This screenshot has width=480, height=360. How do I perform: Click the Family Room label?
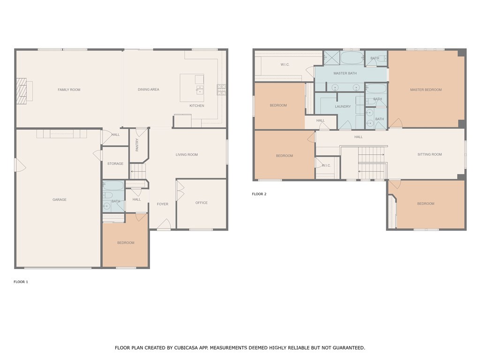click(x=69, y=90)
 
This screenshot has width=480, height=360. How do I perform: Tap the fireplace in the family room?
click(x=22, y=91)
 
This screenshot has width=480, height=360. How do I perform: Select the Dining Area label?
click(x=149, y=90)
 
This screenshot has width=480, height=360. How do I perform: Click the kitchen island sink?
click(x=200, y=90)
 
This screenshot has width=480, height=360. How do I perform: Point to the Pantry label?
click(x=137, y=145)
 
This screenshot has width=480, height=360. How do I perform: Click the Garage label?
click(x=60, y=200)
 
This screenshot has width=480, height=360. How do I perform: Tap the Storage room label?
click(x=115, y=164)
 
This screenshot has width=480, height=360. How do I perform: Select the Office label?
click(x=202, y=202)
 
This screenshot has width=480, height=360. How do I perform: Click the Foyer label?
click(x=163, y=204)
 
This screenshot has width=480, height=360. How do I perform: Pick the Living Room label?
click(x=187, y=155)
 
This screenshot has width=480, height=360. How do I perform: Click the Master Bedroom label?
click(x=426, y=90)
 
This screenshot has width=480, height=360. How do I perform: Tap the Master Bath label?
click(x=345, y=73)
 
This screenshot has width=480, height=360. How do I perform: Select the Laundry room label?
click(x=343, y=106)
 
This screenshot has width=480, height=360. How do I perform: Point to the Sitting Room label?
click(x=429, y=154)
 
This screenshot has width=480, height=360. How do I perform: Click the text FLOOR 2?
click(x=259, y=194)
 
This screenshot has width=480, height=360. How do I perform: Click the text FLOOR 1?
click(x=21, y=282)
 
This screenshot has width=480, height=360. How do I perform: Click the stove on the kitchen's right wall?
click(x=221, y=90)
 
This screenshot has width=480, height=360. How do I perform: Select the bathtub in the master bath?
click(x=352, y=58)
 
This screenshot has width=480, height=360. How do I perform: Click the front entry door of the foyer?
click(x=164, y=225)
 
